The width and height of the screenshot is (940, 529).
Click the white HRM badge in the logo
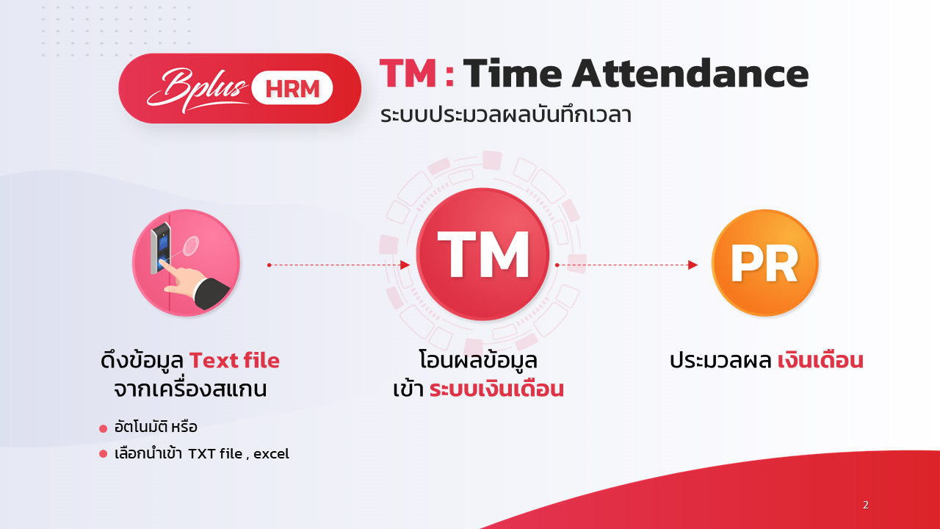(292, 87)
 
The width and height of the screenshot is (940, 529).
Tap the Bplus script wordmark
(198, 90)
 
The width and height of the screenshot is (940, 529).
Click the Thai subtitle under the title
(506, 115)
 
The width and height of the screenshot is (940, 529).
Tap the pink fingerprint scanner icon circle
(186, 263)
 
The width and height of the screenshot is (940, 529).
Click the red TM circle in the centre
(482, 254)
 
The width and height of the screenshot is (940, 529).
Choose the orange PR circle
(765, 263)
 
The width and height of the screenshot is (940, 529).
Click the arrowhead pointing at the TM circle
(405, 265)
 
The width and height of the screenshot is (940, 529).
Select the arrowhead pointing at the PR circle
(693, 265)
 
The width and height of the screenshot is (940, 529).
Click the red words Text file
(234, 360)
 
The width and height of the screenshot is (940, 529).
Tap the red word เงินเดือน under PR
(820, 360)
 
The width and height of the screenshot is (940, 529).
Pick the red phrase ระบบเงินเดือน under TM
(496, 389)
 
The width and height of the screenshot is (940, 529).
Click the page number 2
(866, 505)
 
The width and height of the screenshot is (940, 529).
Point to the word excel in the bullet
(271, 454)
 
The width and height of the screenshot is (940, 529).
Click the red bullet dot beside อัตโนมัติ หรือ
(104, 428)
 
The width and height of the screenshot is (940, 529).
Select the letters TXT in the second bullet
(201, 454)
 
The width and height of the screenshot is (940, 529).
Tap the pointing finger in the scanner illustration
(184, 276)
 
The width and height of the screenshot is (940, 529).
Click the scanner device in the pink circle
(161, 248)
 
